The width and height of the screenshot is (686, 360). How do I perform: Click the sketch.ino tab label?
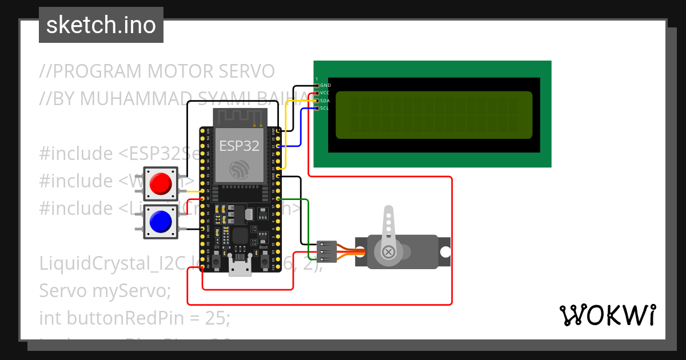pyautogui.click(x=101, y=25)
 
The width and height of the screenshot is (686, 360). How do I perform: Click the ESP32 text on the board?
pyautogui.click(x=240, y=145)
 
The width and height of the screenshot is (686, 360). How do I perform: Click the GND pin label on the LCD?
pyautogui.click(x=325, y=85)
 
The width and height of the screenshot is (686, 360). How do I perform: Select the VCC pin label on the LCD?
pyautogui.click(x=325, y=93)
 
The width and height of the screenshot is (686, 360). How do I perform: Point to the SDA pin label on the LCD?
pyautogui.click(x=325, y=100)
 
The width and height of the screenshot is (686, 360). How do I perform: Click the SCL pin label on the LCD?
pyautogui.click(x=325, y=107)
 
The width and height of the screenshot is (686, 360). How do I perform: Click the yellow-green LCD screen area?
pyautogui.click(x=433, y=115)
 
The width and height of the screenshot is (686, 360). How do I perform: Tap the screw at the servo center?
pyautogui.click(x=389, y=251)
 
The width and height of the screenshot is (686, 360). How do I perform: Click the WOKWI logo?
pyautogui.click(x=607, y=315)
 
